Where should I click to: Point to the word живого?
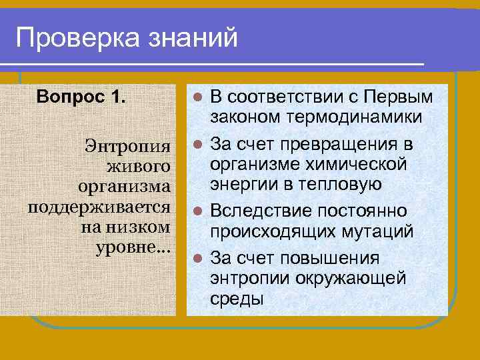tap(139, 164)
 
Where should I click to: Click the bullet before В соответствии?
tap(197, 97)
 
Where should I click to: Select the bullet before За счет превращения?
tap(197, 144)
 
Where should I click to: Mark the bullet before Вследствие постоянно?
tap(197, 211)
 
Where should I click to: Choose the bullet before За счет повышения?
tap(197, 257)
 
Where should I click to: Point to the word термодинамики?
tap(365, 117)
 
